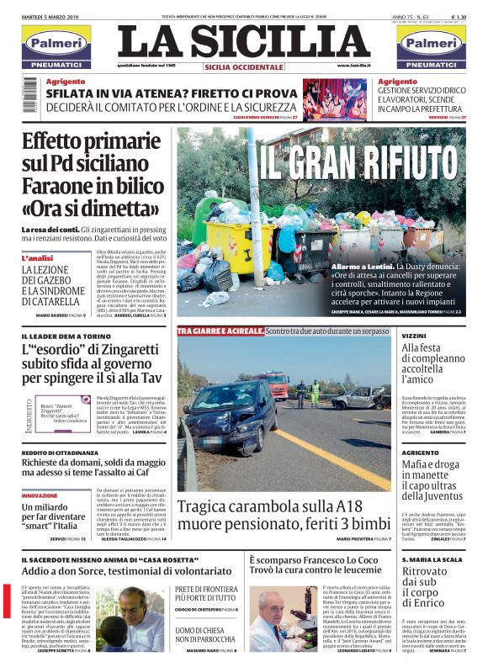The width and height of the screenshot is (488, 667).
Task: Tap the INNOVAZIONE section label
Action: point(40,496)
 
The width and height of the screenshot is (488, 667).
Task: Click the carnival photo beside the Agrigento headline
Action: point(335,99)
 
